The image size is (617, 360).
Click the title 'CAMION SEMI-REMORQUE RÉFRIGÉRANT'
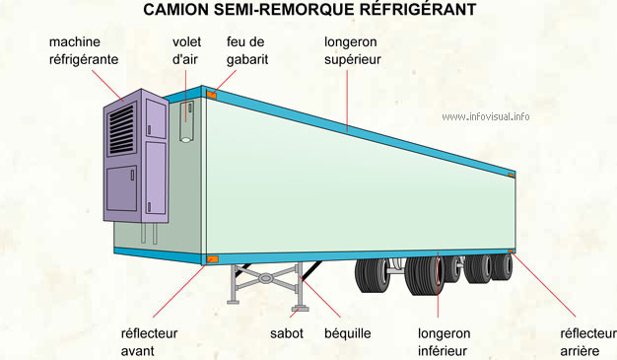coord(309,10)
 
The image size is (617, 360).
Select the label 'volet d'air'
coord(186,51)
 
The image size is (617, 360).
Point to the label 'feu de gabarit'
coord(246,51)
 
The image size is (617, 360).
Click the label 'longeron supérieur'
coord(352,51)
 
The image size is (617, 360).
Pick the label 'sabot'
coord(287,333)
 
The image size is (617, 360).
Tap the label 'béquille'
coord(347,333)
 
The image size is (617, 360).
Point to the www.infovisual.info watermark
coord(486,116)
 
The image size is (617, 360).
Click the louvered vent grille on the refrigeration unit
coord(122,126)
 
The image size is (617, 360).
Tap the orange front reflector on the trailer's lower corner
coord(212,259)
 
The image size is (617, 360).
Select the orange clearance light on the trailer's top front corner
coord(212,95)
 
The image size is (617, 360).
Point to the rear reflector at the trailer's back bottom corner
coord(511,252)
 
